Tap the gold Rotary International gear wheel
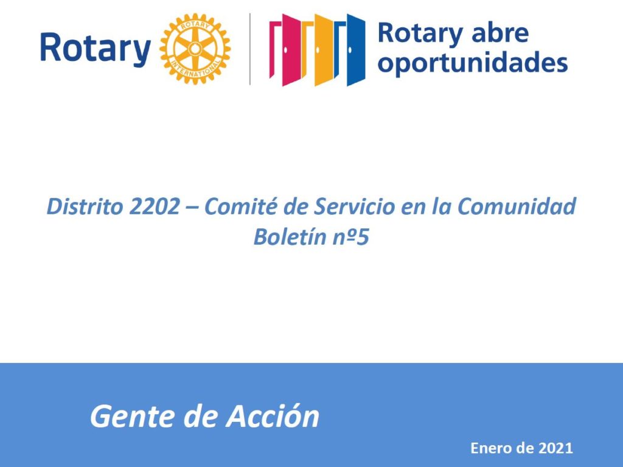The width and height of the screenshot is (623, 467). pos(195,49)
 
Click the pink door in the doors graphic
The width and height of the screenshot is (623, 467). pos(285,50)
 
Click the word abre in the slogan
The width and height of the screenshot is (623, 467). pos(500,33)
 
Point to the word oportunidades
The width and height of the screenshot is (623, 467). pos(472,63)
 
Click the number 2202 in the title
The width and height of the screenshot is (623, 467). pos(154,206)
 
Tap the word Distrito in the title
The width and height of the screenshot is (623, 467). pos(85,206)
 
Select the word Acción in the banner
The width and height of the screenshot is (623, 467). pos(273,416)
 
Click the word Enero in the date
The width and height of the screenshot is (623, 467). pos(491,448)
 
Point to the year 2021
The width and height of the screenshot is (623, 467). pos(555,448)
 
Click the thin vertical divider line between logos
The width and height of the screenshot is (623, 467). pos(250,49)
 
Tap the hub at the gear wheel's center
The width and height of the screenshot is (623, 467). pos(195,49)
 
